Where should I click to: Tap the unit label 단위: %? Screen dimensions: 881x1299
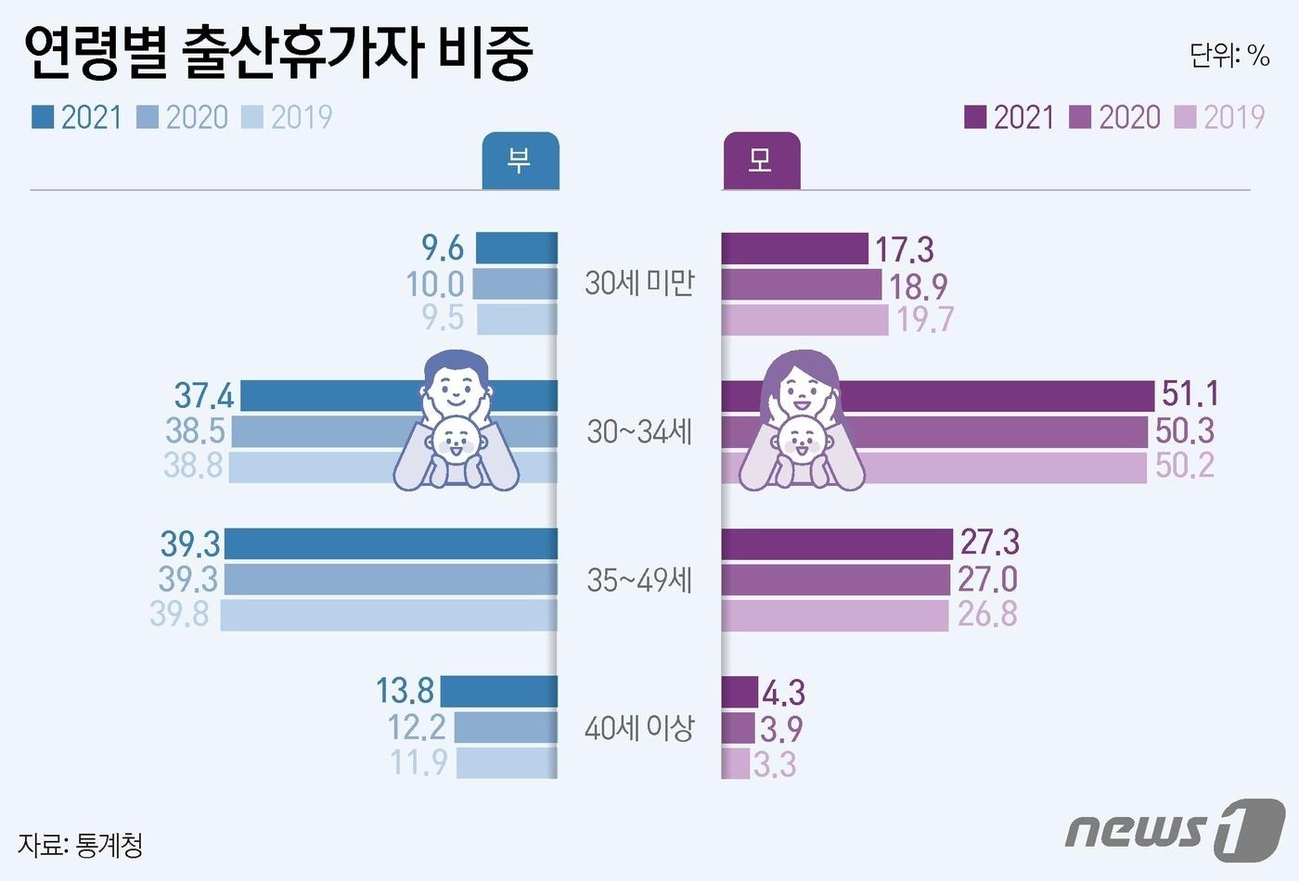tap(1228, 56)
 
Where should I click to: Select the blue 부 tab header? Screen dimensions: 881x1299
tap(520, 161)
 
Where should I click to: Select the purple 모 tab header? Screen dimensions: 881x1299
tap(760, 161)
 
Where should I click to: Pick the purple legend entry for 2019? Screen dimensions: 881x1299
tap(1220, 117)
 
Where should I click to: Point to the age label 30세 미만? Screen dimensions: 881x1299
tap(639, 283)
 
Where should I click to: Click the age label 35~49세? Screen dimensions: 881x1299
tap(639, 581)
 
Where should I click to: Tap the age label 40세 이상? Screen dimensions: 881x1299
tap(639, 728)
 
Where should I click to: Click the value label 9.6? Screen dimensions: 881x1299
tap(443, 249)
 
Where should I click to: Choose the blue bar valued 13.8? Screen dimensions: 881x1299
tap(498, 692)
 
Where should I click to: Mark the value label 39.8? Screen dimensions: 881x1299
tap(180, 614)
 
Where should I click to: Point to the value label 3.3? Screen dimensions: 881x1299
tap(775, 765)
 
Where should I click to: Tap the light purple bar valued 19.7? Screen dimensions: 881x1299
tap(804, 320)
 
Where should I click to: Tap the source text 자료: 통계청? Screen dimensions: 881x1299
tap(80, 845)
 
